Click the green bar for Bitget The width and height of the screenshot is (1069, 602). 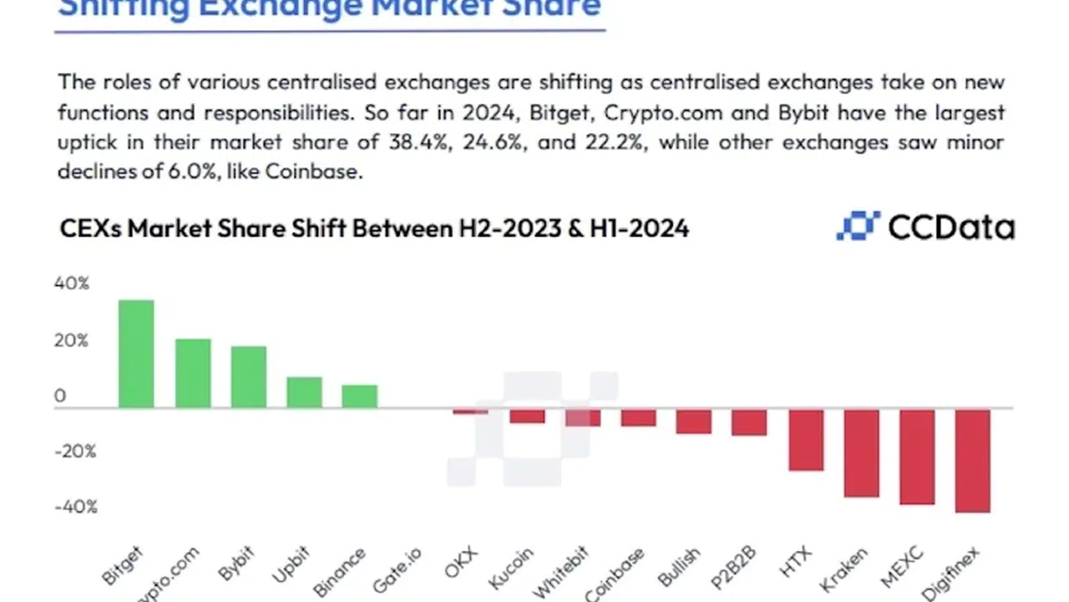[136, 354]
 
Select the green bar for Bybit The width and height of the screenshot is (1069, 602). [248, 377]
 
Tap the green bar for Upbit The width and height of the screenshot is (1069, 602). [304, 392]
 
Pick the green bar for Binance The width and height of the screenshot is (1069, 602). [360, 396]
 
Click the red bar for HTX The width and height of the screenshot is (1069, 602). [806, 440]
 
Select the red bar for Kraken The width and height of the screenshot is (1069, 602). [861, 453]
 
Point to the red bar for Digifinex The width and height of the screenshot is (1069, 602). [973, 461]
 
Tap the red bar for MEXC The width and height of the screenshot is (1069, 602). [917, 457]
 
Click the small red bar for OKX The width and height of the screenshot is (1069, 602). [470, 411]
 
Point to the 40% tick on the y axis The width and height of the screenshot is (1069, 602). [72, 283]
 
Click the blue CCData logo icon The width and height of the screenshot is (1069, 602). [859, 227]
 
